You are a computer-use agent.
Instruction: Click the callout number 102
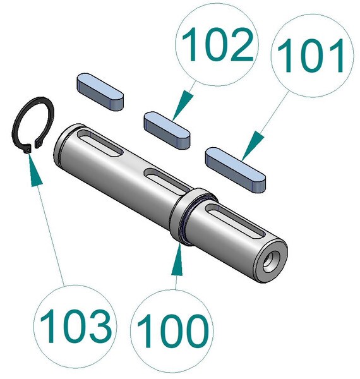coord(217,44)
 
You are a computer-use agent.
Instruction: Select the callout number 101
coord(311,56)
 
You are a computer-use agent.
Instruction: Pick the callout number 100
coord(172,330)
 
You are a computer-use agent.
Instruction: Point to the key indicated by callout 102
coord(167,129)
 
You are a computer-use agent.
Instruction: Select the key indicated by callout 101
coord(235,169)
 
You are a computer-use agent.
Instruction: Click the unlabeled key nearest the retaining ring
coord(100,92)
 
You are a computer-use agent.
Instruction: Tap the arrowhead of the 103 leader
coord(34,169)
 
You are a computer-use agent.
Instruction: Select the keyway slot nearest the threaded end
coord(234,220)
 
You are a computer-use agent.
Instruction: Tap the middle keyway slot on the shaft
coord(167,179)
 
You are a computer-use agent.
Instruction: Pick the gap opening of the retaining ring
coord(33,147)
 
